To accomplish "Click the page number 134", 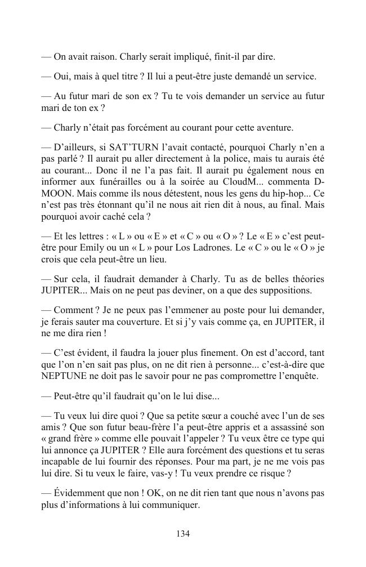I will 182,534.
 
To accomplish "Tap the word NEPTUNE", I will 67,377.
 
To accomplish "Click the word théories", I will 306,279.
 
